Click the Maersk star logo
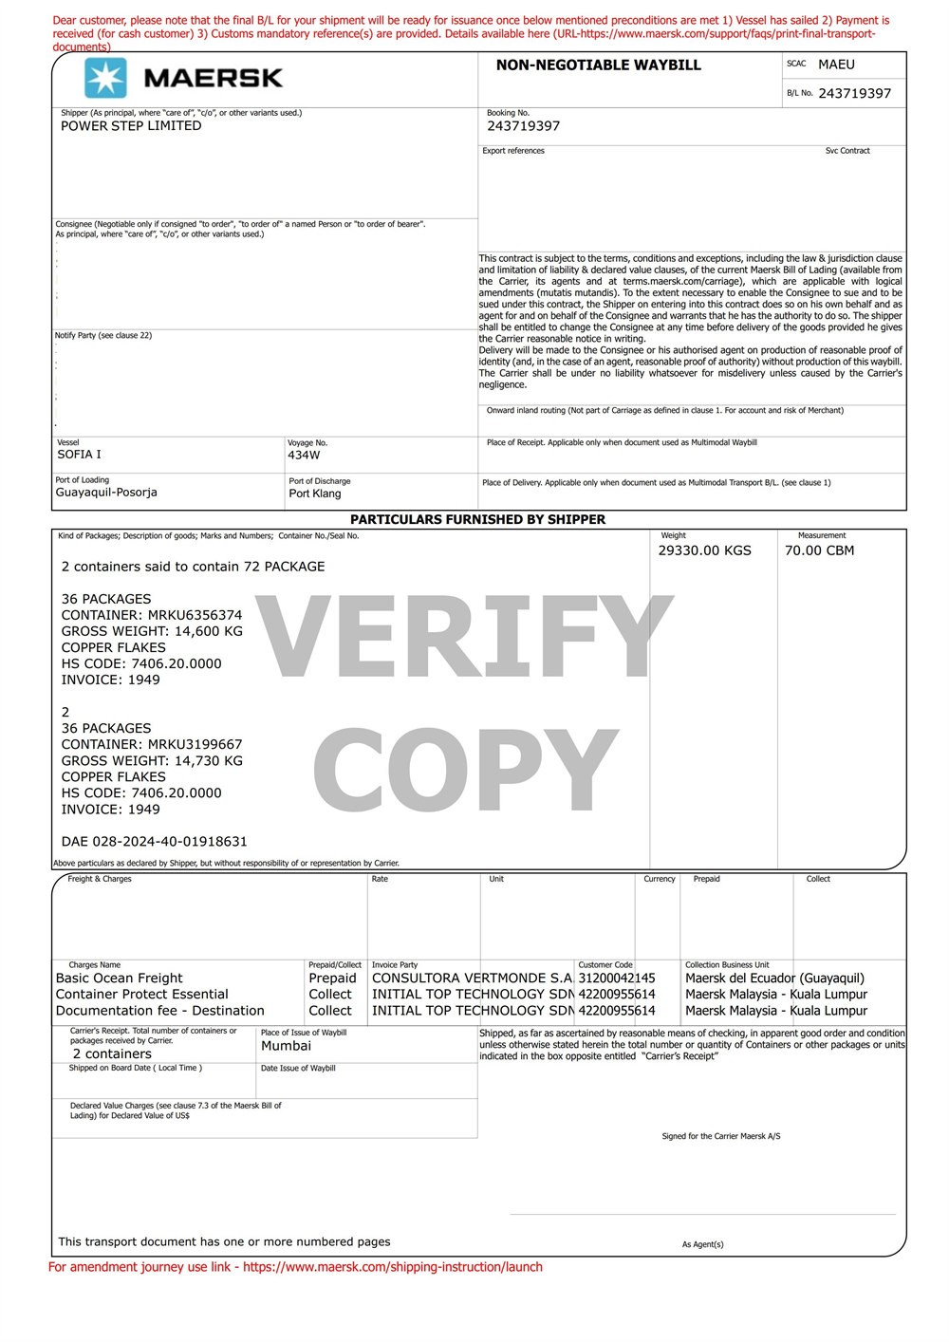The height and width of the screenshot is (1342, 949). [105, 78]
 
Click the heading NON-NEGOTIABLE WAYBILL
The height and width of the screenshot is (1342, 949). [598, 65]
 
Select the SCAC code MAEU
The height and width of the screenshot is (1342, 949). [836, 65]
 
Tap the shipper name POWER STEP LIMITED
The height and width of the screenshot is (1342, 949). [131, 126]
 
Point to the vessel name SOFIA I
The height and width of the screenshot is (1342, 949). [79, 455]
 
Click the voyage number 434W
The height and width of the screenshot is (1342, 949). [304, 456]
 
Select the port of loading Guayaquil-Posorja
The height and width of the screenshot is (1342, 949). [106, 493]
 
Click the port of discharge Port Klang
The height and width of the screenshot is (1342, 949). [315, 494]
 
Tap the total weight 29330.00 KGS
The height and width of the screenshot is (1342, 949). [704, 550]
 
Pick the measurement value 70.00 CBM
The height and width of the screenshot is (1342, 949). [819, 550]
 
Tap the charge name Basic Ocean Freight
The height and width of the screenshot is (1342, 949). [120, 979]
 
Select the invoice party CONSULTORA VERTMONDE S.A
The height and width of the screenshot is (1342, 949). [473, 979]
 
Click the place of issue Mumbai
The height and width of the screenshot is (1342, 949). [286, 1046]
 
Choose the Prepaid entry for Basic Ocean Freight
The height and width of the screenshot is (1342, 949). [332, 979]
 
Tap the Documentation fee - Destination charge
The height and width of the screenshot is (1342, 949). [160, 1011]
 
